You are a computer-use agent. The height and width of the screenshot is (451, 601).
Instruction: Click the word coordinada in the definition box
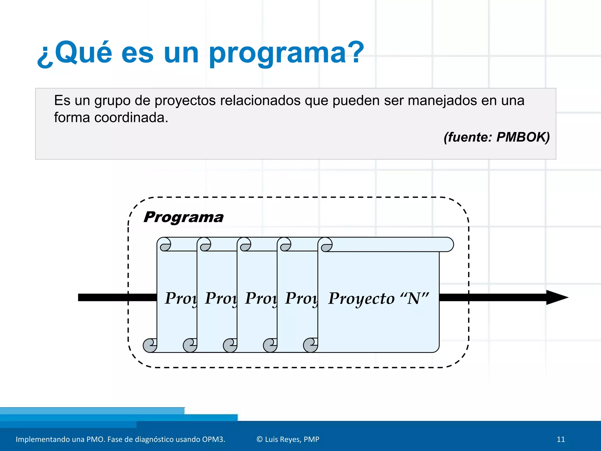[131, 118]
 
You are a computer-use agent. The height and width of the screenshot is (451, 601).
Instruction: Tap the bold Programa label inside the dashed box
[183, 218]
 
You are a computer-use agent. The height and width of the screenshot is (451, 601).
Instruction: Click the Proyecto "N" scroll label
[378, 298]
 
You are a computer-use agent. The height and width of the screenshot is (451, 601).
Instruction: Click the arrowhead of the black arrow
[556, 297]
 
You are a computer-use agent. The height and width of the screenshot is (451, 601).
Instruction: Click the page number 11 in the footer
[561, 439]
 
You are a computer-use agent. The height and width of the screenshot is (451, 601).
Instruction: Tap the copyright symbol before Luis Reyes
[259, 439]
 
